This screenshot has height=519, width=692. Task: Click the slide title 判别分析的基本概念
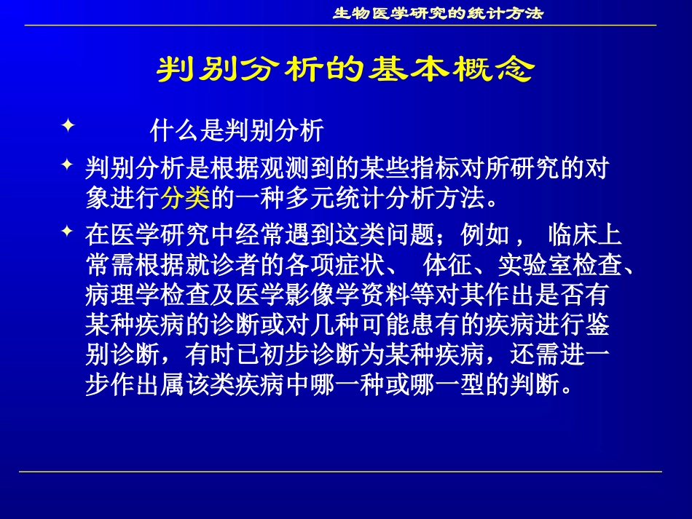346,70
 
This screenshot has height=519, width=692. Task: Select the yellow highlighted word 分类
186,197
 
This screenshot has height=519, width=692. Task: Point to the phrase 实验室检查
550,266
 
